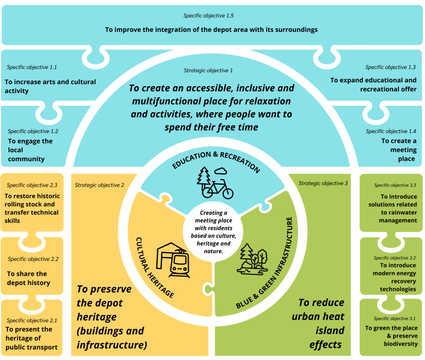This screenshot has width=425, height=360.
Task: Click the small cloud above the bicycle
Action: [x=221, y=171]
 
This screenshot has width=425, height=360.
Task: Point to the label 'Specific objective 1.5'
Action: [x=212, y=16]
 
